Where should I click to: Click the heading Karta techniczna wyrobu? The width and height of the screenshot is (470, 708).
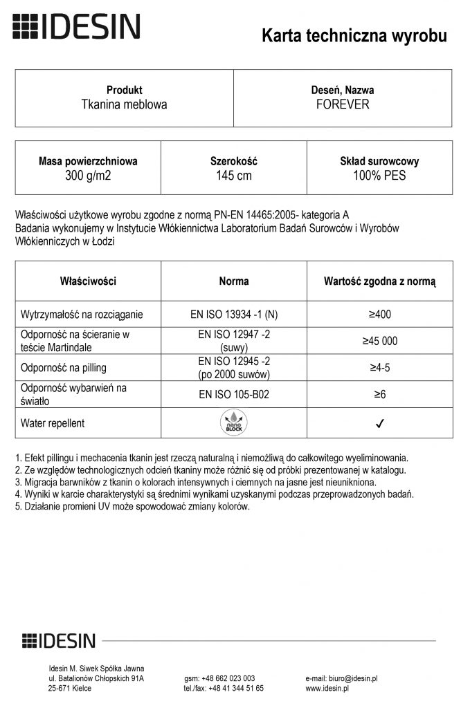pos(354,37)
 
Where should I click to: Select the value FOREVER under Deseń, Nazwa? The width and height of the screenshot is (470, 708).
pos(343,105)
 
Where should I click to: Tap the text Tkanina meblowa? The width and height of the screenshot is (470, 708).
pos(125,105)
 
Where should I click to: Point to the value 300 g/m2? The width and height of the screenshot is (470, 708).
pos(88,176)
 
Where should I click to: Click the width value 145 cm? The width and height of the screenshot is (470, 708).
pos(234,176)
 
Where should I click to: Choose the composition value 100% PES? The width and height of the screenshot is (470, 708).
pos(379,176)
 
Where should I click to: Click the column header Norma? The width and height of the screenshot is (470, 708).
pos(234,281)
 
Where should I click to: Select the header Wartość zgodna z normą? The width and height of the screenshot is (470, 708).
pos(380,281)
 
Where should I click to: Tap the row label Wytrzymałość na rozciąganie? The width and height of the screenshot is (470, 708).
pos(82,315)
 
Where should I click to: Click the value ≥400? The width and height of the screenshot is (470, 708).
pos(380,315)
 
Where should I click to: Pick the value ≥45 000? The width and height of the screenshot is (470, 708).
pos(380,341)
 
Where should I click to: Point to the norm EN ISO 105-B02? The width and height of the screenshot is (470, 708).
pos(234,394)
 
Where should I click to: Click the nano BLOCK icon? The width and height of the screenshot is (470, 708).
pos(234,422)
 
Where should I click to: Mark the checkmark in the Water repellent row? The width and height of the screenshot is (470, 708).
pos(380,423)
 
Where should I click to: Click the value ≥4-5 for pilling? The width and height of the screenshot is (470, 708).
pos(380,368)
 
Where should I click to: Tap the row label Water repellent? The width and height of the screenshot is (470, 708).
pos(53,423)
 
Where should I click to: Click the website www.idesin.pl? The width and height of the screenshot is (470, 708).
pos(327,689)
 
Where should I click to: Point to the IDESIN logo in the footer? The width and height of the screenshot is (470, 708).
pos(59,641)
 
